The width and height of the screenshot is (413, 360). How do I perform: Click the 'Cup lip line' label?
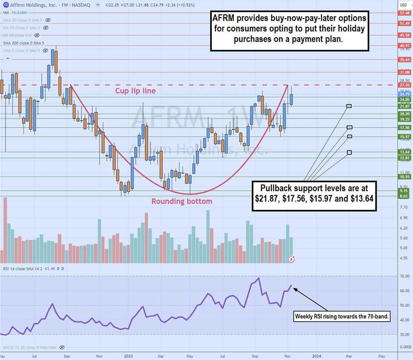point(135,91)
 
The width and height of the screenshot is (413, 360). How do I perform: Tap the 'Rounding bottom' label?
point(182,202)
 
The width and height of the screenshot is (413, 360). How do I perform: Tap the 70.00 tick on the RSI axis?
point(404,276)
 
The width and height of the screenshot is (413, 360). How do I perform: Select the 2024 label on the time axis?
point(317,355)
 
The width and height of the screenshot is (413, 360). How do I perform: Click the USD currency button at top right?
point(404,5)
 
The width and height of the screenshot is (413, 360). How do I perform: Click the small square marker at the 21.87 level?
point(349,106)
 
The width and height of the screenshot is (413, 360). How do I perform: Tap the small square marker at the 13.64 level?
point(349,153)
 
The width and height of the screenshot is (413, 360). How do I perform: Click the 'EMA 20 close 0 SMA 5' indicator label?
point(23,20)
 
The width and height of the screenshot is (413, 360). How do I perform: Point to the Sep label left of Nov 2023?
point(255,355)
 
